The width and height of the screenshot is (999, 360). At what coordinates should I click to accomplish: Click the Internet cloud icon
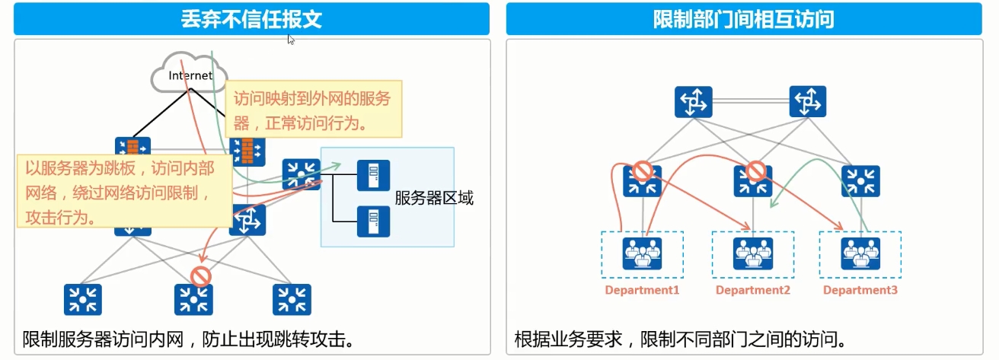189,75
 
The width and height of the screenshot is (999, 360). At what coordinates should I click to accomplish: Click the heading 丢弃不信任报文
251,19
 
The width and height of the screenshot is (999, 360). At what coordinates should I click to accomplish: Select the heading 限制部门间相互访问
743,19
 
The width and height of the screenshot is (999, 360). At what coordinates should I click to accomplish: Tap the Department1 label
642,291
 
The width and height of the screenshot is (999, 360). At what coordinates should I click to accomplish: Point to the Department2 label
752,291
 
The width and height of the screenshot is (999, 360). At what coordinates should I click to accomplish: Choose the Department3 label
860,291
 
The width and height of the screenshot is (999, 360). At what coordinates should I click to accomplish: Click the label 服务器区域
434,199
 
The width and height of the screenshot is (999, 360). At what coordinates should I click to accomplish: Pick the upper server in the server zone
373,176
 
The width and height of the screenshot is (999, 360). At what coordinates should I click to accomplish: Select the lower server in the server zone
373,221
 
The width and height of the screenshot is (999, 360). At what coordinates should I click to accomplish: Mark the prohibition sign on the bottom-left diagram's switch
200,276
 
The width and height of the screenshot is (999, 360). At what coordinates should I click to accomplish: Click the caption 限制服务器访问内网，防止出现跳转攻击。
189,338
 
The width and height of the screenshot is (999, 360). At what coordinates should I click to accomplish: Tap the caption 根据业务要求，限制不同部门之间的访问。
680,338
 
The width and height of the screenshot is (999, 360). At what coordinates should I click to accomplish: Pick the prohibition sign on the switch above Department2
755,170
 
